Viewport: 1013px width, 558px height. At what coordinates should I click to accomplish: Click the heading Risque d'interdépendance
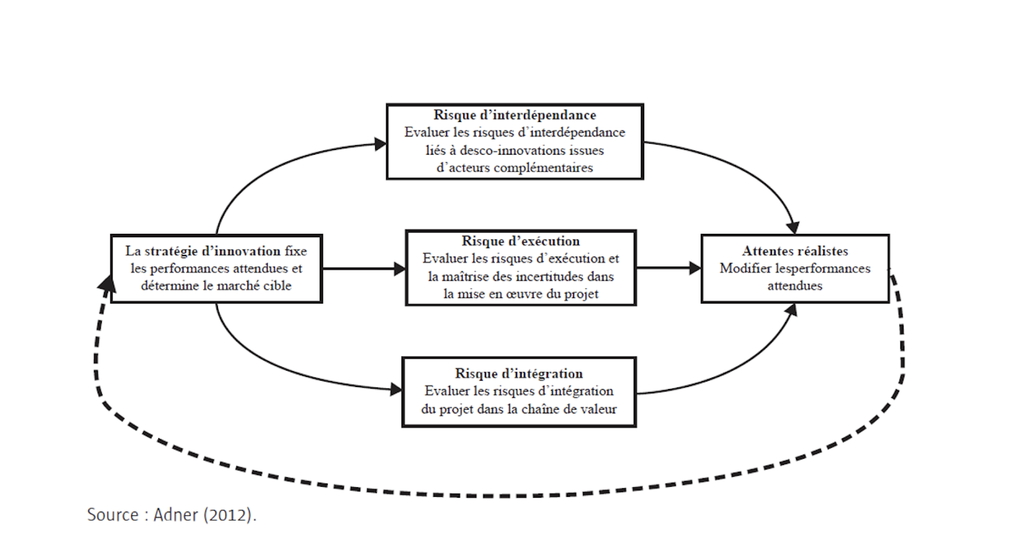(514, 115)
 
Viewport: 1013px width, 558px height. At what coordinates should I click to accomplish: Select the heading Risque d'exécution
(521, 241)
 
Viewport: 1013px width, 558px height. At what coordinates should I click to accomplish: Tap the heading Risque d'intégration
(519, 374)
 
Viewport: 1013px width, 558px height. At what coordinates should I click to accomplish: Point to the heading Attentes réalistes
(795, 251)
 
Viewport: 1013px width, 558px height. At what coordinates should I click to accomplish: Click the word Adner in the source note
(176, 515)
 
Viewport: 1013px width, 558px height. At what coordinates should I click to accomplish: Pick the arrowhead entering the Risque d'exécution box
(400, 269)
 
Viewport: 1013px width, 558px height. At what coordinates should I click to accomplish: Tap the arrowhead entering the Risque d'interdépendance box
(380, 144)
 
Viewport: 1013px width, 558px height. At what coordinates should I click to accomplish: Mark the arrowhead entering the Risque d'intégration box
(396, 390)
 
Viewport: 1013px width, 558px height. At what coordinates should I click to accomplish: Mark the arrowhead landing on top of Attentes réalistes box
(794, 228)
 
